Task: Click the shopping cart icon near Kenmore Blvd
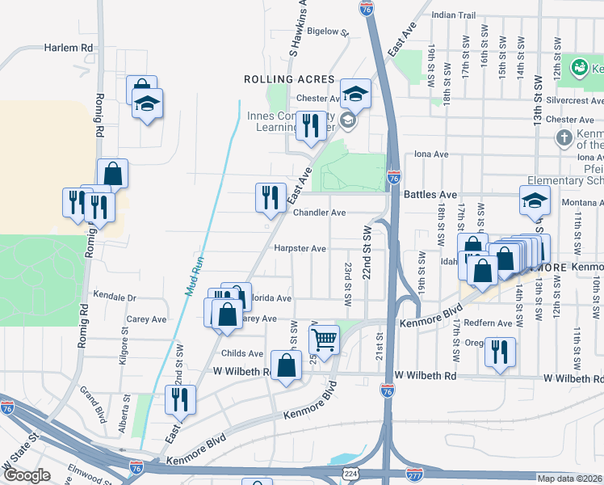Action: tap(324, 340)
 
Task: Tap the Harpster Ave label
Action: tap(300, 249)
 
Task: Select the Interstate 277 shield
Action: tap(415, 473)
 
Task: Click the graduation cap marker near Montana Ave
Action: tap(534, 200)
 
